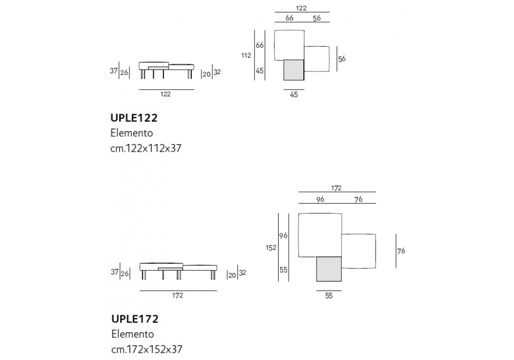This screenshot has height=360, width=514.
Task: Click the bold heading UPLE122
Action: point(134,118)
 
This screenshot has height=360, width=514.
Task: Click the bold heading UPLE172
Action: point(135,319)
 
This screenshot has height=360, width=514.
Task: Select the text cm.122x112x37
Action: point(146,148)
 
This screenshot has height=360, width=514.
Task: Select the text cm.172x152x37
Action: point(147,349)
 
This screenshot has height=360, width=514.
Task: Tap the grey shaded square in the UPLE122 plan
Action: point(293,70)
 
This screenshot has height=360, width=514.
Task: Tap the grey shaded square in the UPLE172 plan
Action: point(329,269)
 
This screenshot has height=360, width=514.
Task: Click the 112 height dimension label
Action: point(246,56)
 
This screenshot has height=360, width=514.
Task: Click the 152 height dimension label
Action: point(271,248)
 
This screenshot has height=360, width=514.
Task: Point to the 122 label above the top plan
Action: point(301,8)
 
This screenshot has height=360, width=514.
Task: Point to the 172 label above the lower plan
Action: point(336,188)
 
